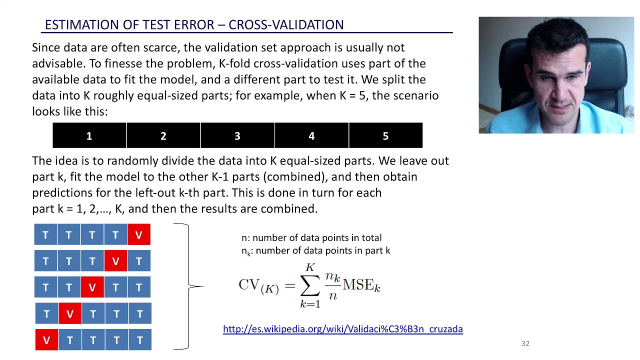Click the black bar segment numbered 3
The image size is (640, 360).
(x=237, y=136)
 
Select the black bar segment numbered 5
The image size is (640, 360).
(x=385, y=136)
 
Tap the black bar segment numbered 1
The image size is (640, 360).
(x=89, y=136)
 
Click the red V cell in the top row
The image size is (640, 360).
(x=139, y=235)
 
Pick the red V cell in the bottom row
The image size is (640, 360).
(x=46, y=340)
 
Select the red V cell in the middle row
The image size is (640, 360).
(x=92, y=287)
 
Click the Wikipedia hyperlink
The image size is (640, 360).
(x=342, y=329)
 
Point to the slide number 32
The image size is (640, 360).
(x=525, y=343)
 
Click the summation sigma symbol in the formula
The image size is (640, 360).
(x=310, y=285)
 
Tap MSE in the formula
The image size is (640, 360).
(x=358, y=285)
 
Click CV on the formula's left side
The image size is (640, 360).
(x=248, y=284)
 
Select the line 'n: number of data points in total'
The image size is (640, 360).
(x=311, y=237)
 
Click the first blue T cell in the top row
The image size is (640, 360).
(x=45, y=235)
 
